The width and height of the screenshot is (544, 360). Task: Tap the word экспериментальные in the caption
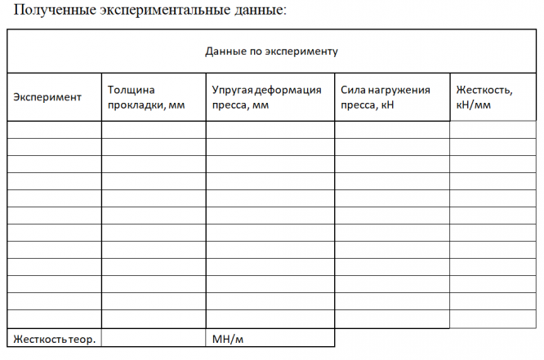(161, 11)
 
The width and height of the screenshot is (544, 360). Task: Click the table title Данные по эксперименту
(271, 51)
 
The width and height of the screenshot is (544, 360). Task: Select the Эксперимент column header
(47, 97)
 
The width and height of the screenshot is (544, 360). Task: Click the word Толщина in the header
(132, 89)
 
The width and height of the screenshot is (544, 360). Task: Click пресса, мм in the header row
(240, 105)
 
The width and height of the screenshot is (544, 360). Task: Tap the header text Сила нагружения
(385, 89)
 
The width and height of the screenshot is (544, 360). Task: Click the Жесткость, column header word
(484, 89)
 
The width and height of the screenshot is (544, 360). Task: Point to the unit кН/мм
(474, 105)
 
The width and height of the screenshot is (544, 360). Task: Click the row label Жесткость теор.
(53, 338)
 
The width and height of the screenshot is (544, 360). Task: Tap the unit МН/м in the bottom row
(228, 338)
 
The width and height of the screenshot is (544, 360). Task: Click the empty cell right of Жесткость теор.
(154, 338)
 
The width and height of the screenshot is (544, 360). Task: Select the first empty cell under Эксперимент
(54, 130)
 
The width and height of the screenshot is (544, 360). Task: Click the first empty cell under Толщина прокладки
(154, 130)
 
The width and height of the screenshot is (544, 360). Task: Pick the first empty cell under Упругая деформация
(270, 130)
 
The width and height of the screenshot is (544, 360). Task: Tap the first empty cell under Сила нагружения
(391, 130)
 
